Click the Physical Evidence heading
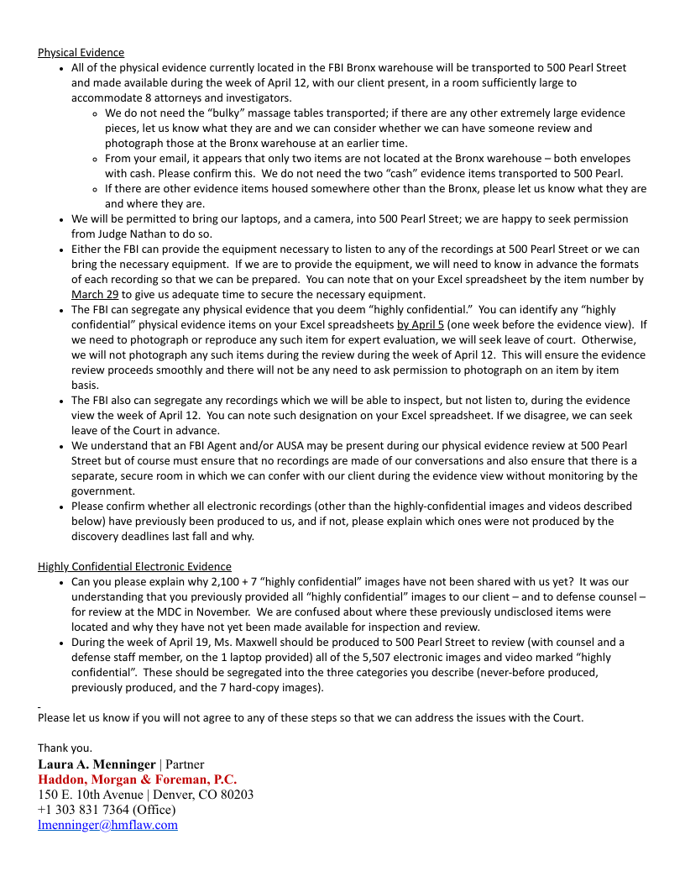pyautogui.click(x=81, y=52)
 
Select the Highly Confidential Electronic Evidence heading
pyautogui.click(x=134, y=566)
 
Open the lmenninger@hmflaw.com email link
pyautogui.click(x=107, y=825)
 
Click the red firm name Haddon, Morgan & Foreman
pyautogui.click(x=137, y=779)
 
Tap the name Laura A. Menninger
pyautogui.click(x=97, y=764)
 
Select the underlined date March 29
pyautogui.click(x=95, y=294)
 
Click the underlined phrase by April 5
pyautogui.click(x=420, y=324)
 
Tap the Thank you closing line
pyautogui.click(x=65, y=748)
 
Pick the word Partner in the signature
pyautogui.click(x=185, y=764)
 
